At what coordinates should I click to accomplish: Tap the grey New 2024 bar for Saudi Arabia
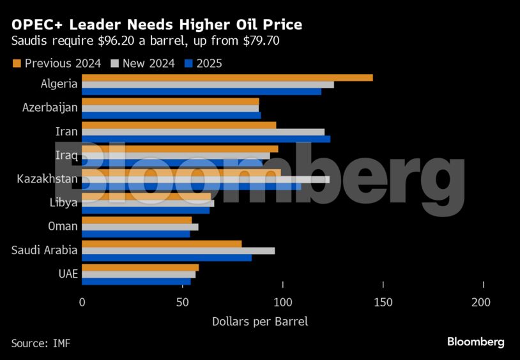tap(178, 250)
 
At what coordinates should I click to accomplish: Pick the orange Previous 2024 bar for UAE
tap(140, 267)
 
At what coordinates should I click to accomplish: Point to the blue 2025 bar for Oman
tap(135, 234)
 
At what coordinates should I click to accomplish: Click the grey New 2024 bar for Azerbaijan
tap(170, 108)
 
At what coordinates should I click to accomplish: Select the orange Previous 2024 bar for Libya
tap(146, 196)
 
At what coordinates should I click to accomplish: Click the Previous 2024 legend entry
tap(57, 63)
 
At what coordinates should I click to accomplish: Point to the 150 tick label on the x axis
tap(383, 302)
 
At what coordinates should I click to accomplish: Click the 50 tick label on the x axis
tap(183, 302)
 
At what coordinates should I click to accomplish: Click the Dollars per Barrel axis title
tap(259, 321)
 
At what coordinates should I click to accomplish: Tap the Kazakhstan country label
tap(47, 179)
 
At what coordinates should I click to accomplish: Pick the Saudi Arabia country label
tap(45, 250)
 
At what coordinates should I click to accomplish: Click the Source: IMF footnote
tap(40, 343)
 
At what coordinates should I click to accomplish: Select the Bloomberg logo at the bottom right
tap(475, 342)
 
